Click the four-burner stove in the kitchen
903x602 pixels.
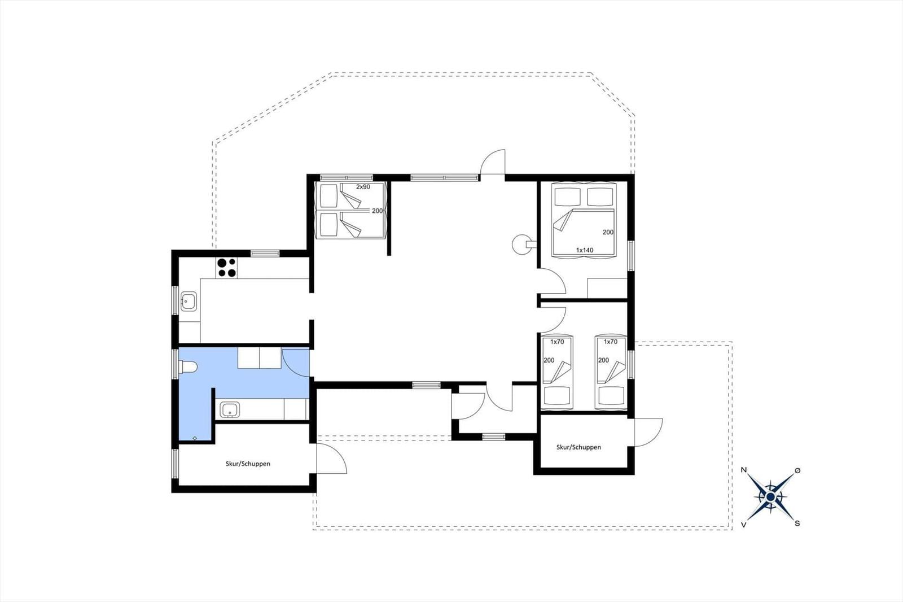coord(226,268)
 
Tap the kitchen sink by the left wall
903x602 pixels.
coord(189,301)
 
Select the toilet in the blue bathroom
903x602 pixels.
coord(188,367)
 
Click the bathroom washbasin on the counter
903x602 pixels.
coord(230,409)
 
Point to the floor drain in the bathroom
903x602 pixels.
coord(195,438)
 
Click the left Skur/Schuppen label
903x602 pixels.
coord(248,464)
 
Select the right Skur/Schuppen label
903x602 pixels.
coord(578,447)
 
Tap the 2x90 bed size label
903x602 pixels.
coord(363,187)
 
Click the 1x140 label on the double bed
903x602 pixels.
coord(585,250)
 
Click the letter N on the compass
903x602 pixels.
coord(744,470)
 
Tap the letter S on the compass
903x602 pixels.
coord(797,524)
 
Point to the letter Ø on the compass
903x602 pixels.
coord(797,470)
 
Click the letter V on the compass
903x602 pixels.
coord(744,525)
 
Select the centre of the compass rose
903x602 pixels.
coord(770,497)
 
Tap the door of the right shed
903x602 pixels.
coord(648,433)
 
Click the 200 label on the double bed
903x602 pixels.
coord(608,232)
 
